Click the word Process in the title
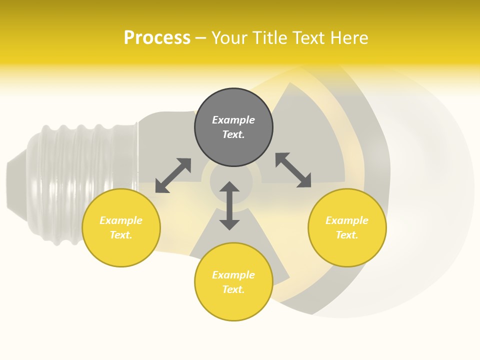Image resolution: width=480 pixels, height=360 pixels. click(157, 38)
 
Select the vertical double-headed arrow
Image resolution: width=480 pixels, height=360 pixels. click(229, 205)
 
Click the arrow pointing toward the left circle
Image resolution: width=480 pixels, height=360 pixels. click(173, 175)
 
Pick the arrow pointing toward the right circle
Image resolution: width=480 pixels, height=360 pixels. click(293, 170)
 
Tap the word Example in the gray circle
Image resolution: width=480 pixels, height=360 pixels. click(233, 120)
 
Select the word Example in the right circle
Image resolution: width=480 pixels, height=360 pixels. click(347, 220)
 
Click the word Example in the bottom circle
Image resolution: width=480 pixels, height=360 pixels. click(233, 275)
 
